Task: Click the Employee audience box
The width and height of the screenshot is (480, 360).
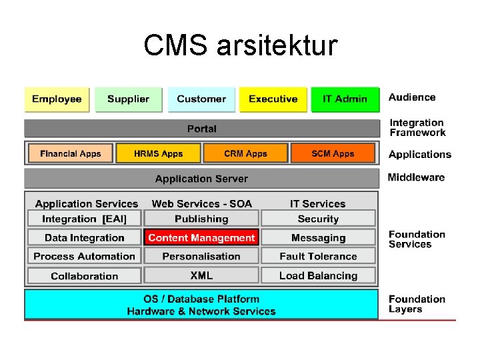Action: coord(57,99)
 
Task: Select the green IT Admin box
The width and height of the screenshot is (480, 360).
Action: coord(345,99)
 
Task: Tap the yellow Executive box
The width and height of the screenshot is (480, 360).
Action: coord(273,99)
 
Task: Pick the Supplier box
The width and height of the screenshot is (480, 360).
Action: coord(128,99)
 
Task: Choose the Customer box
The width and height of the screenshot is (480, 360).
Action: coord(201,99)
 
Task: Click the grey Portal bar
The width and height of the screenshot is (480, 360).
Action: coord(201,128)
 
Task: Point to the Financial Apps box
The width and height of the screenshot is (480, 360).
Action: coord(71,153)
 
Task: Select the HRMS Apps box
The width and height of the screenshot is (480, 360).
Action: coord(158,153)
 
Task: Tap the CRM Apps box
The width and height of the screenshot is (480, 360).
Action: coord(245,153)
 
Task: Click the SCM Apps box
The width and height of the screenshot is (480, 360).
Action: coord(333,153)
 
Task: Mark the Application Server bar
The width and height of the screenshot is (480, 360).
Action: coord(201,179)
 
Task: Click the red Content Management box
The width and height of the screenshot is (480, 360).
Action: coord(201,237)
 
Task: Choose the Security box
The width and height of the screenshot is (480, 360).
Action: coord(318,219)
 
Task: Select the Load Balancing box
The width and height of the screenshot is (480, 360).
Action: coord(318,275)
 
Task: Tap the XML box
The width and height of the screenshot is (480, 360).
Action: coord(201,275)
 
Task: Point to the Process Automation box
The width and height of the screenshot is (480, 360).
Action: coord(84,256)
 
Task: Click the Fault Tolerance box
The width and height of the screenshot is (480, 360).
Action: coord(318,256)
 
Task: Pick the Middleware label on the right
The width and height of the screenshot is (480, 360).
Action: coord(416,177)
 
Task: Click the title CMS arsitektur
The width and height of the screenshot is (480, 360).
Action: coord(240,46)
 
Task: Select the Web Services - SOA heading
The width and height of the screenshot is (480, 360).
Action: coord(201,204)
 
